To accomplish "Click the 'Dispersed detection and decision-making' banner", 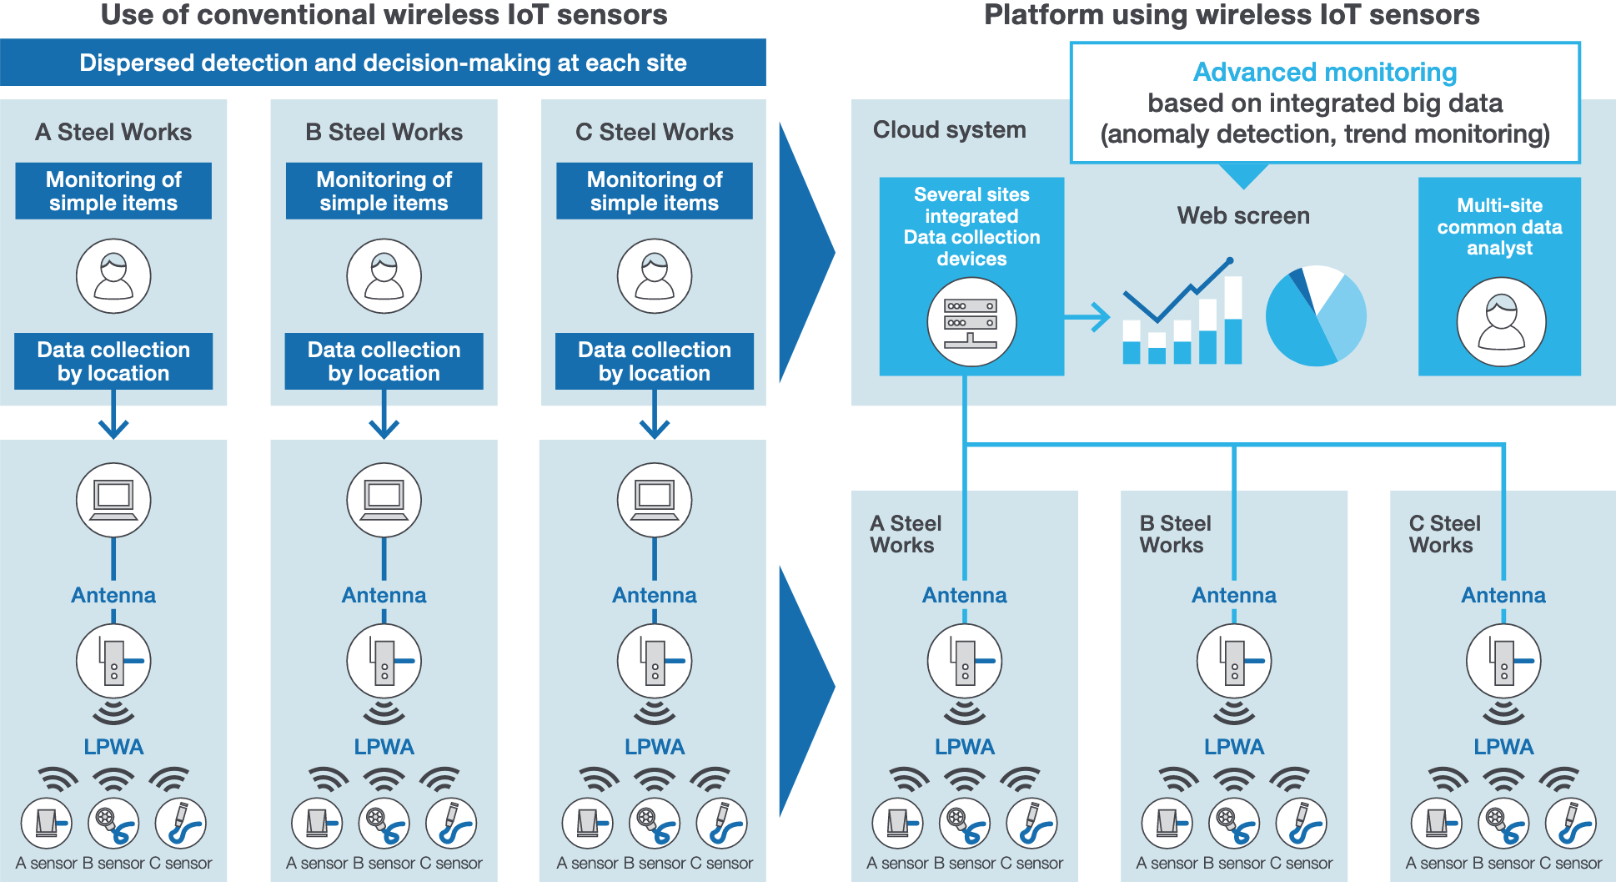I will click(x=383, y=63).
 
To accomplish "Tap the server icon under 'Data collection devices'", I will click(x=971, y=322).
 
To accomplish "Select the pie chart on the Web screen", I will click(x=1316, y=316).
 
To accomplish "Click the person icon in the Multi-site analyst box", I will click(x=1501, y=322).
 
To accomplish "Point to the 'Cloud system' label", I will click(x=949, y=130).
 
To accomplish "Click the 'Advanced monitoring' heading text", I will click(x=1324, y=73).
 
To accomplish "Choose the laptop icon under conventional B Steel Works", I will click(x=384, y=500).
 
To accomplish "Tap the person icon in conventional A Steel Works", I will click(x=113, y=276).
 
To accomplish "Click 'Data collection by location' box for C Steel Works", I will click(x=655, y=361).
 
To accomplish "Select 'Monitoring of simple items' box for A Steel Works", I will click(x=113, y=191).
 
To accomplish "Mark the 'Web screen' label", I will click(x=1243, y=216).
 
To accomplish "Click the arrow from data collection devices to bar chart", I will click(x=1088, y=317).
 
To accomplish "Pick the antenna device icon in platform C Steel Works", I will click(x=1503, y=661).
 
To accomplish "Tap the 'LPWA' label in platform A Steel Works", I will click(x=965, y=747).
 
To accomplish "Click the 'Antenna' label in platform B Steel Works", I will click(x=1234, y=595).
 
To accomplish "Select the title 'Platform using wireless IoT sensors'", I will click(x=1232, y=15).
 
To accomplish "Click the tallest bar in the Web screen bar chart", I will click(x=1233, y=321).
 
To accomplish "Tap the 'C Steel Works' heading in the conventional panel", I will click(x=655, y=132).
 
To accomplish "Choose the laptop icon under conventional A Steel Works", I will click(x=113, y=500).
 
